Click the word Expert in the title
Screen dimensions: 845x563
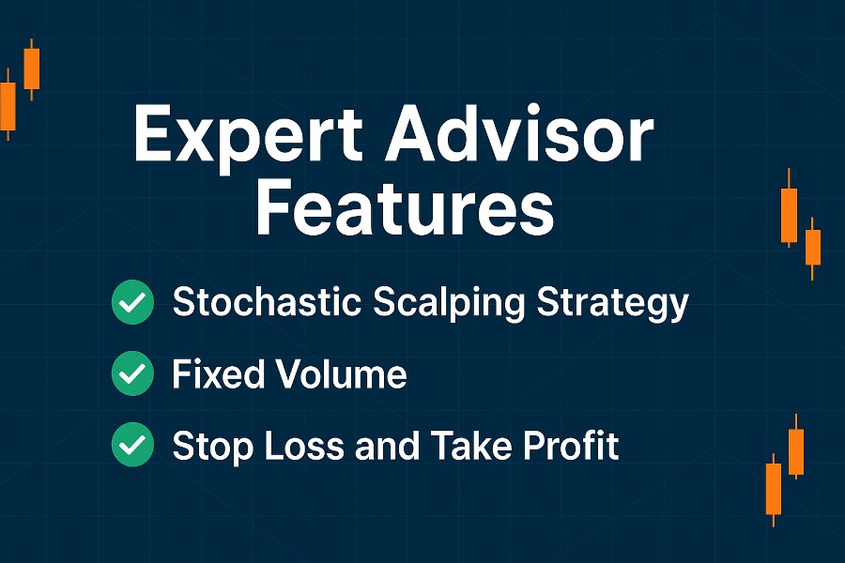248,135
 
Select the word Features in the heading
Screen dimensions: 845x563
406,207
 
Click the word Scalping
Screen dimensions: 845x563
449,303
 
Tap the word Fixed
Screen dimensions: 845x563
219,373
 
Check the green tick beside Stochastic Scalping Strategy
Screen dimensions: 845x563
132,302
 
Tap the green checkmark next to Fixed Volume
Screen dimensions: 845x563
132,373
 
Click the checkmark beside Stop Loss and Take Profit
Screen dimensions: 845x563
132,445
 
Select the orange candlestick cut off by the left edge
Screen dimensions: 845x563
8,105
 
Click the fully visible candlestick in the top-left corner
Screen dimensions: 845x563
32,68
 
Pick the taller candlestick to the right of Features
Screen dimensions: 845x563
790,208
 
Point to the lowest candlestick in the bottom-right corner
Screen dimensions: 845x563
774,489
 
